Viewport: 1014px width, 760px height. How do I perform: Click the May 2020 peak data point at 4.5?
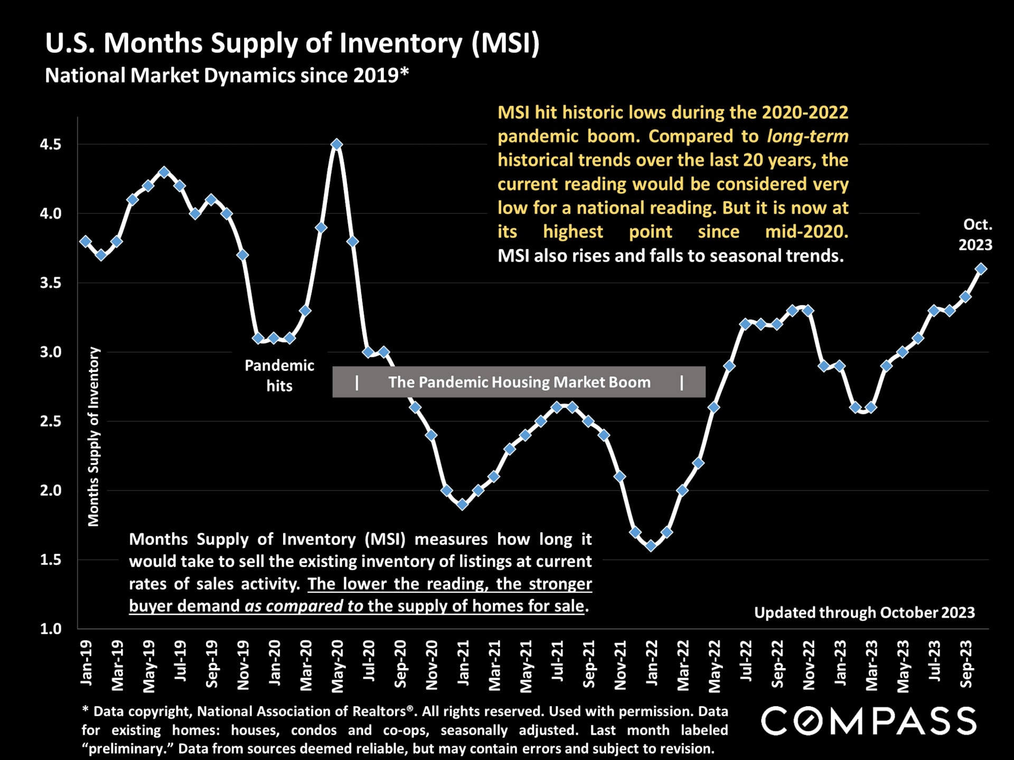(x=336, y=144)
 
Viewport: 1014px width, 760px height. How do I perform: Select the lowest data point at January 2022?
(x=651, y=546)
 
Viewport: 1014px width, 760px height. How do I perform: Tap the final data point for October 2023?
(x=981, y=269)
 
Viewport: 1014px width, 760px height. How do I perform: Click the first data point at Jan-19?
(x=86, y=241)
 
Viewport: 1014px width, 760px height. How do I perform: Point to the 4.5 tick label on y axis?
(x=51, y=144)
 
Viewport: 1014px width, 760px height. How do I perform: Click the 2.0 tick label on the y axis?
(x=51, y=490)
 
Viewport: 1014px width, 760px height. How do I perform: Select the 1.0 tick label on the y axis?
(x=51, y=628)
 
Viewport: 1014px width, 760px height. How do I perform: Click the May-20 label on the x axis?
(x=337, y=666)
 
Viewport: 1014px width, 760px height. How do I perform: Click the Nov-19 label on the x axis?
(x=243, y=665)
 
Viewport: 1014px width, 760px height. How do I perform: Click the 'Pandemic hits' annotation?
(x=279, y=375)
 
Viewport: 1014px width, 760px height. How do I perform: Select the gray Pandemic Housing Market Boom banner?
(x=519, y=382)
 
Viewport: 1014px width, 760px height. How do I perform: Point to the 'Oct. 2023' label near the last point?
(x=975, y=235)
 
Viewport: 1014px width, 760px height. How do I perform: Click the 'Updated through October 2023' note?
(x=864, y=613)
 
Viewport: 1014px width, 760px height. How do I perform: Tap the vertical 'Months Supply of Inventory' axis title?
(x=93, y=437)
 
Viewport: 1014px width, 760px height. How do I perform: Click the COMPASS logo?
(x=868, y=721)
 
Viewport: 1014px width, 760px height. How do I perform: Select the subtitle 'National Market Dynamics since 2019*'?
(x=227, y=76)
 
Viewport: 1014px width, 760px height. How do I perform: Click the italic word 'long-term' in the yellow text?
(x=808, y=136)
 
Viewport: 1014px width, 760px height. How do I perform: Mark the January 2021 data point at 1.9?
(x=462, y=504)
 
